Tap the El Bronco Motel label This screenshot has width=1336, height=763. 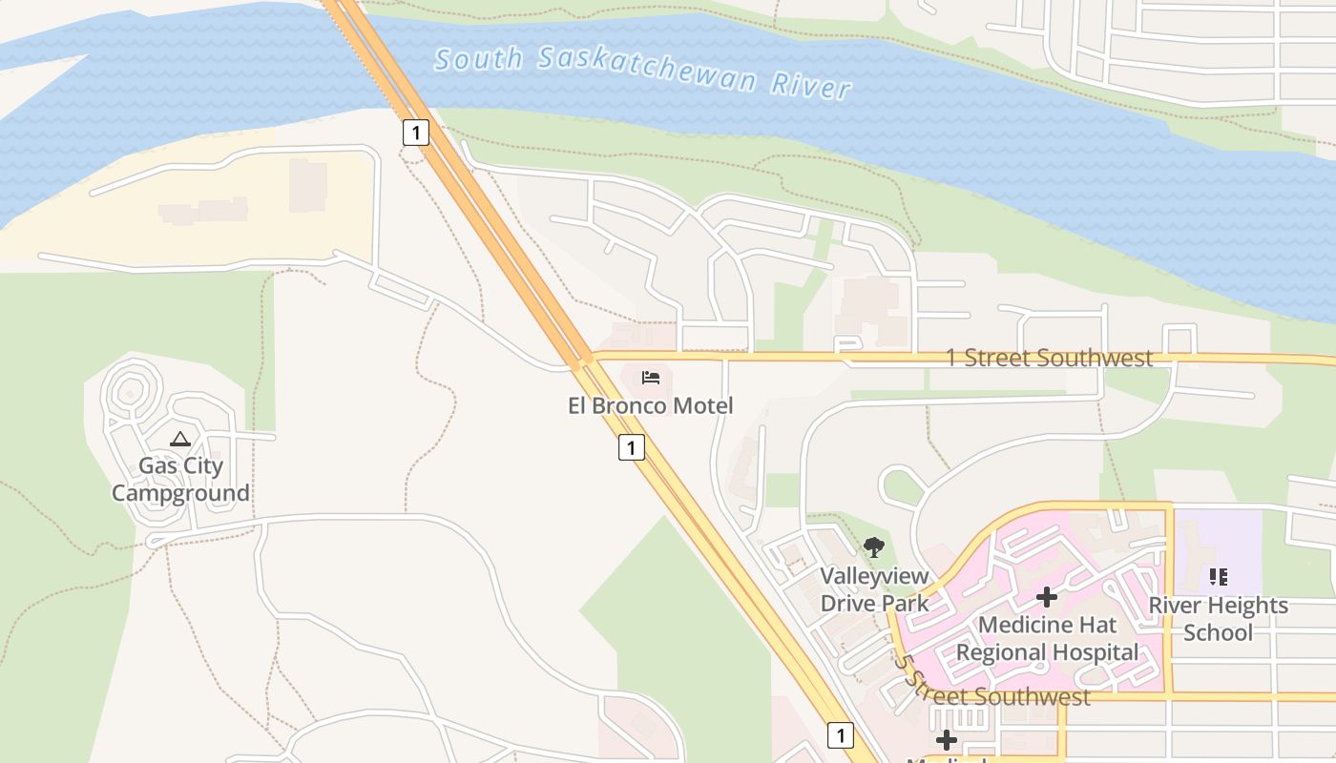click(x=651, y=405)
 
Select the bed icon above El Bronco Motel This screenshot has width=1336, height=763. click(x=651, y=378)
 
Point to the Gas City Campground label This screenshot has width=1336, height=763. click(x=180, y=479)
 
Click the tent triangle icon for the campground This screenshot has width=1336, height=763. click(x=180, y=439)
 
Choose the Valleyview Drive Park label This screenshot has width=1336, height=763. click(x=874, y=589)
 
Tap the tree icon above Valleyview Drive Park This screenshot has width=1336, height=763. click(x=873, y=547)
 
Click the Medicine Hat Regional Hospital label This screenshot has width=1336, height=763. click(x=1048, y=639)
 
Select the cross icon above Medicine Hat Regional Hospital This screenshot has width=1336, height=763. click(x=1047, y=597)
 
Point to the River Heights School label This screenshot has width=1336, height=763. click(x=1218, y=618)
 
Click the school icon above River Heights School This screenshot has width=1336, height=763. click(x=1218, y=576)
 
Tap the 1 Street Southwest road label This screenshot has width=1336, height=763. click(x=1049, y=358)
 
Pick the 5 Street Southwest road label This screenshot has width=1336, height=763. click(x=992, y=692)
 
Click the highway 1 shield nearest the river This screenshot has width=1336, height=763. click(x=415, y=132)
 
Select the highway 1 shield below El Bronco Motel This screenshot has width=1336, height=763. click(x=631, y=446)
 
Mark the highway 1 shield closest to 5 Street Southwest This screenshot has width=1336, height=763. click(x=840, y=735)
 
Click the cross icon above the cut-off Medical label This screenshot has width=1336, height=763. click(x=946, y=740)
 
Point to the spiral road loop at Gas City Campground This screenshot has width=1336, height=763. click(x=128, y=390)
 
